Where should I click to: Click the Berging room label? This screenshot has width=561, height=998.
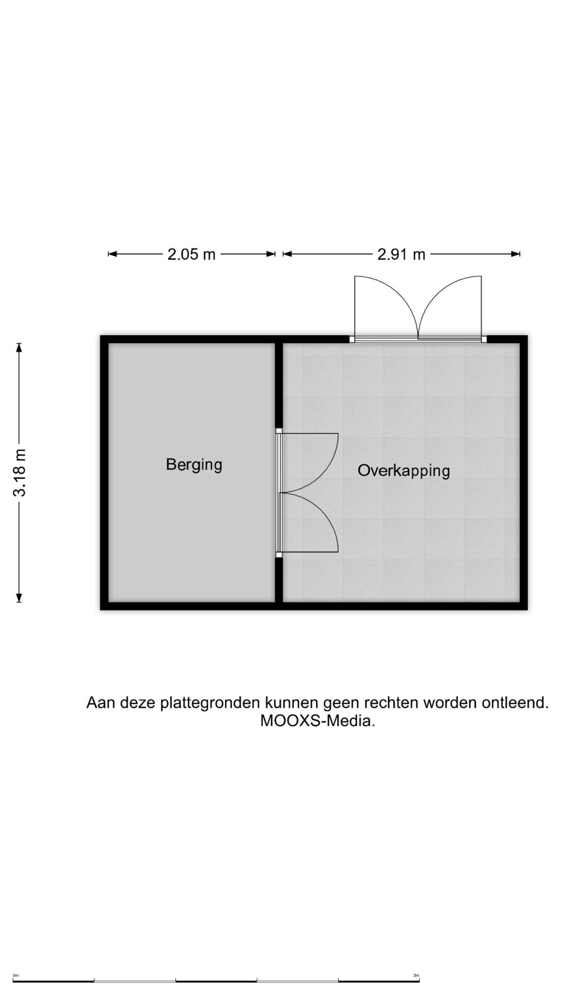(x=194, y=464)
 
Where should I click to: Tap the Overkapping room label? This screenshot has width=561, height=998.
(x=404, y=470)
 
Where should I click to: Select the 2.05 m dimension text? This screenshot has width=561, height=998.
(x=191, y=254)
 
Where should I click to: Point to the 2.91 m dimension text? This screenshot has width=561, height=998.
(x=401, y=254)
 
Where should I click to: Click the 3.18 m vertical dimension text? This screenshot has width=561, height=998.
(x=20, y=472)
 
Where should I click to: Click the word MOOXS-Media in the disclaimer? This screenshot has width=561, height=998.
(x=317, y=721)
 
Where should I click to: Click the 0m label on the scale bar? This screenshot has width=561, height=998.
(x=16, y=975)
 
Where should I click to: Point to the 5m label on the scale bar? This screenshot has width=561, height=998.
(x=416, y=975)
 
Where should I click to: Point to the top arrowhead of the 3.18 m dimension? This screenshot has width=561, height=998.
(x=19, y=347)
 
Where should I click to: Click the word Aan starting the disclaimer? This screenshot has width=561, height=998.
(x=101, y=703)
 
